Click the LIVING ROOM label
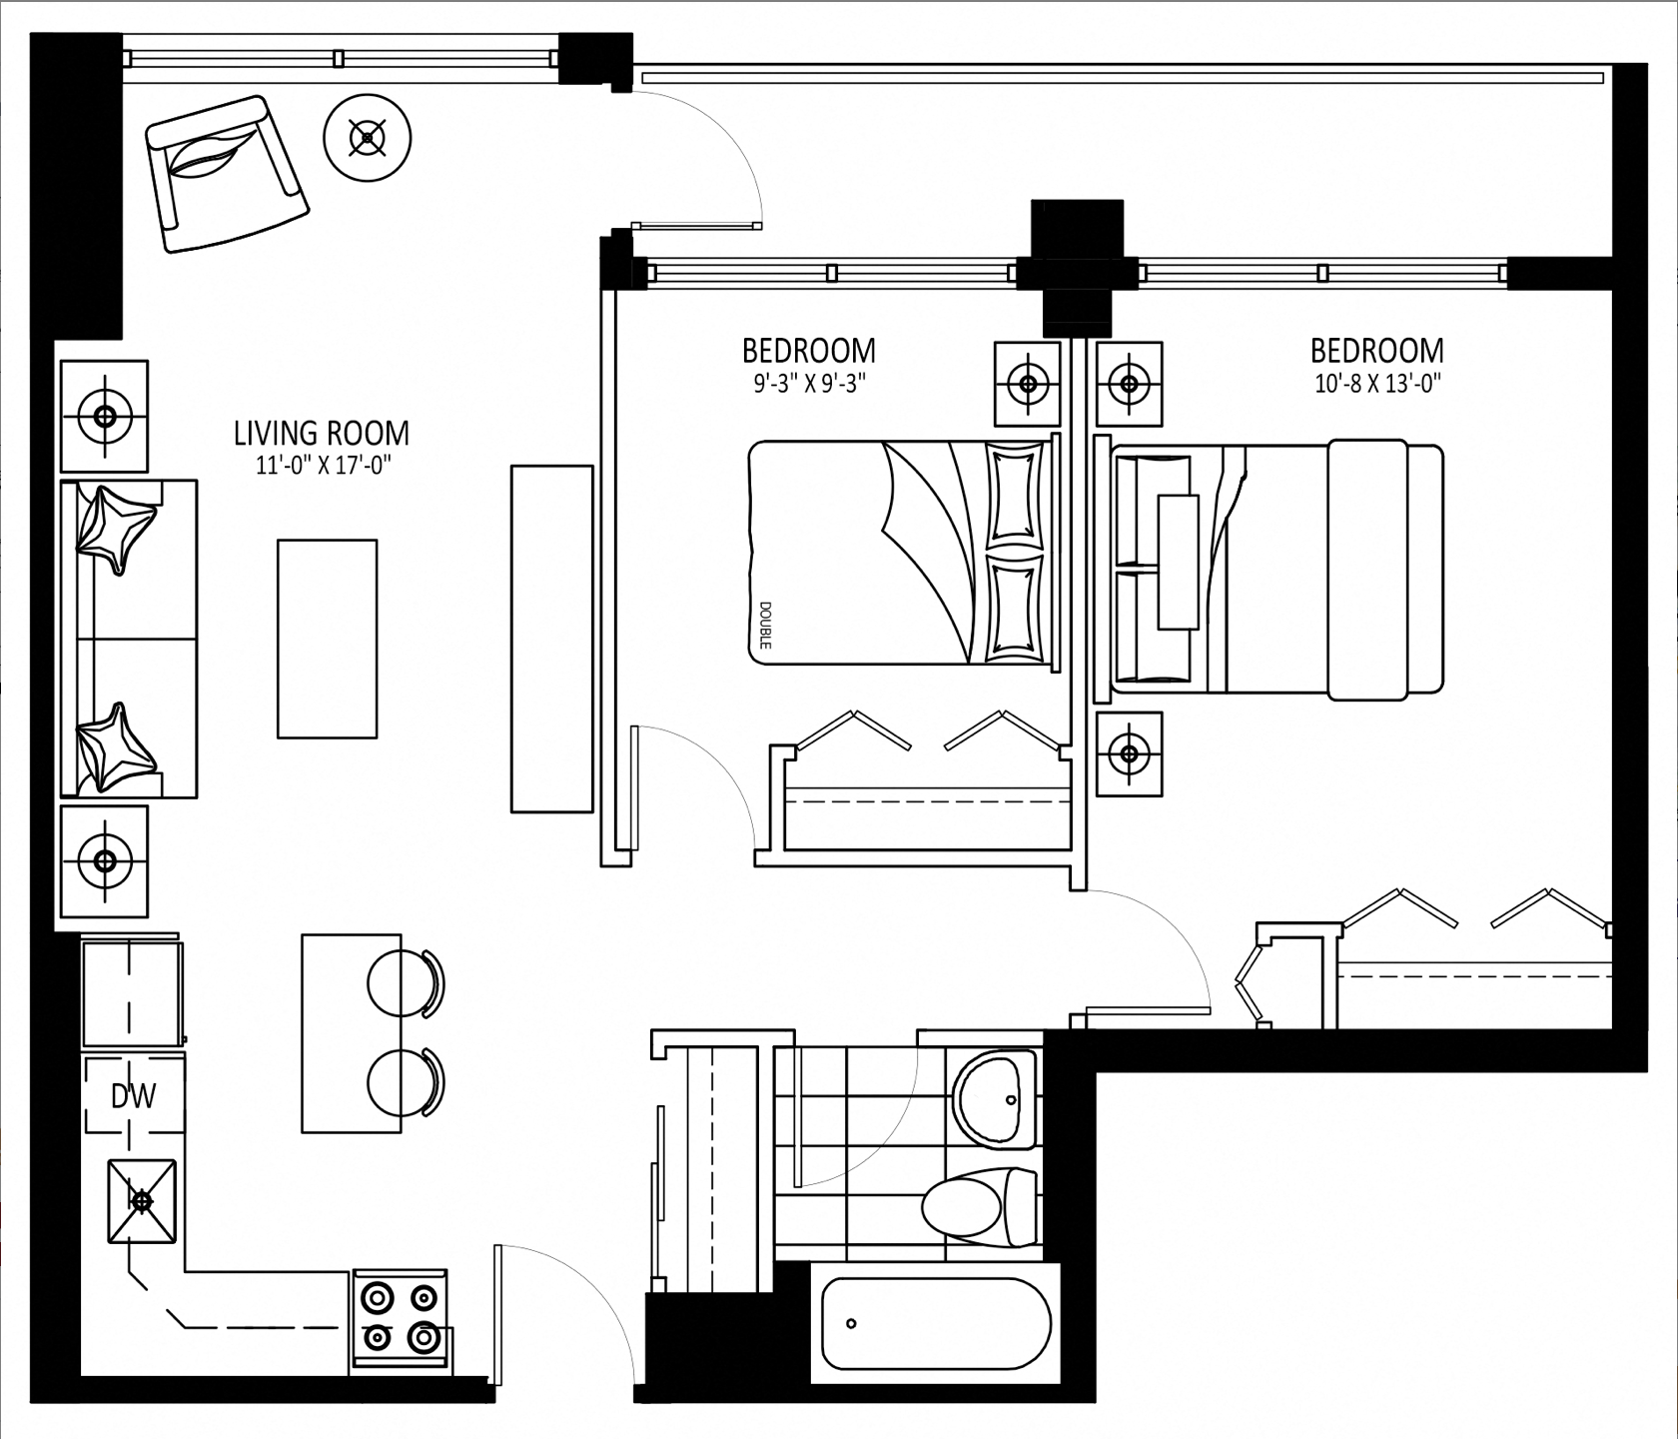[322, 434]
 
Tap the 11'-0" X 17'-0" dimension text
[322, 465]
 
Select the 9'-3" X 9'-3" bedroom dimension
[809, 383]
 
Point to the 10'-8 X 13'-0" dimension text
[1377, 383]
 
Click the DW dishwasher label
[133, 1097]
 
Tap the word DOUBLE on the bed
[765, 625]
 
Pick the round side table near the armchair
[369, 137]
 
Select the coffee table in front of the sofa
[328, 639]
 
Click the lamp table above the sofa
[104, 416]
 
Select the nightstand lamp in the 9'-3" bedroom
[1026, 383]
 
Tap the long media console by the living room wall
[551, 639]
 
